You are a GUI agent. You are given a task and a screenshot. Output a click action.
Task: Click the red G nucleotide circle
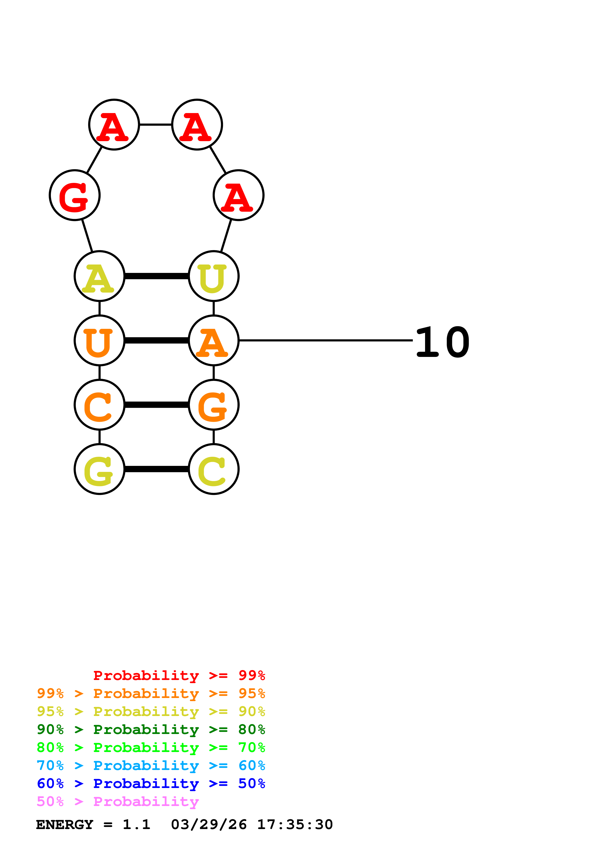pos(75,195)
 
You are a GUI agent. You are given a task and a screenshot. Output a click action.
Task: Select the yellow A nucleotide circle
pos(99,276)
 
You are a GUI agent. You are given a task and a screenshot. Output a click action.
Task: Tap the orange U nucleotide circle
pos(99,340)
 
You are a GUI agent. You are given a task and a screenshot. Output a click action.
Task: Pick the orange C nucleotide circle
pos(99,405)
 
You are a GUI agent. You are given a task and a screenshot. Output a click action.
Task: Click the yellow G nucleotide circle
pos(99,469)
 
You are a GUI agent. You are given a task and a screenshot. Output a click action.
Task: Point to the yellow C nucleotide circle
pos(214,469)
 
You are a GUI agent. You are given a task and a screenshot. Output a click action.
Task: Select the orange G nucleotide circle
pos(214,405)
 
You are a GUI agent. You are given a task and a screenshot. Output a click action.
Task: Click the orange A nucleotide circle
pos(214,340)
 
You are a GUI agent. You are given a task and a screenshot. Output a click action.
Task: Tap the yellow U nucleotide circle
pos(214,276)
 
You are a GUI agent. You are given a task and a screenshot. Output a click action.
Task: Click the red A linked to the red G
pos(114,125)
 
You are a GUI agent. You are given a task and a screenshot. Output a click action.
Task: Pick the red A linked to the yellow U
pos(239,195)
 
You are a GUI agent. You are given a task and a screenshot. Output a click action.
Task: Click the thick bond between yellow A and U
pos(156,276)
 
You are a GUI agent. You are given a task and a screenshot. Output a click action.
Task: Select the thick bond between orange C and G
pos(156,405)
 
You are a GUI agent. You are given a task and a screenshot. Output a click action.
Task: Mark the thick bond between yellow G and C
pos(156,469)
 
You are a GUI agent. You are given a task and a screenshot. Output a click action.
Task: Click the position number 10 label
pos(443,342)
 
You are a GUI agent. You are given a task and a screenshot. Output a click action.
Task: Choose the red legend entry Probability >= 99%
pos(179,675)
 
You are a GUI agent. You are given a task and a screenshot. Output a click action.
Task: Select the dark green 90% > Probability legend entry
pos(151,729)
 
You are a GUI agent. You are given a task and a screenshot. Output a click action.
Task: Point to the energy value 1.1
pos(136,825)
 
